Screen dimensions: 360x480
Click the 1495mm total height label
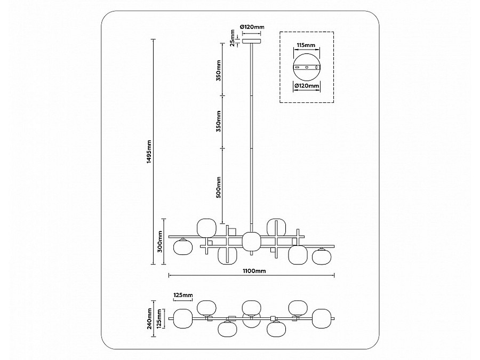pyautogui.click(x=150, y=151)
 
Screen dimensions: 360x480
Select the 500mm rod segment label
pyautogui.click(x=219, y=187)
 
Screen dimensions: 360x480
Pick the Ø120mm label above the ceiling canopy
pyautogui.click(x=252, y=27)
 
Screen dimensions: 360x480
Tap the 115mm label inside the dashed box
pyautogui.click(x=306, y=46)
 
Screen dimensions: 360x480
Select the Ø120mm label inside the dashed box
pyautogui.click(x=307, y=85)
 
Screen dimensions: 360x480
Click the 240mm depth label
pyautogui.click(x=151, y=318)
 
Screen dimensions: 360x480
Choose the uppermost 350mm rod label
pyautogui.click(x=219, y=70)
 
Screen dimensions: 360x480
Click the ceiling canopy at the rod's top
pyautogui.click(x=252, y=40)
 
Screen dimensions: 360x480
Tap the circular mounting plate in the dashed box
pyautogui.click(x=307, y=67)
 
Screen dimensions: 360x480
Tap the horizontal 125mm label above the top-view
pyautogui.click(x=182, y=294)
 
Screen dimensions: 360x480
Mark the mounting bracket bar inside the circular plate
pyautogui.click(x=307, y=67)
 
